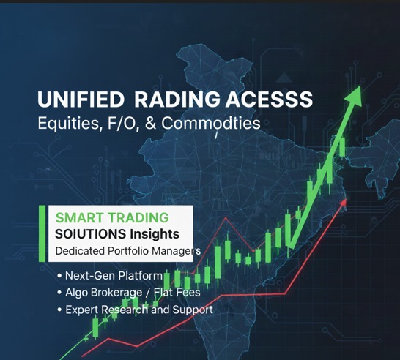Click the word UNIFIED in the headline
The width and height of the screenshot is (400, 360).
[x=75, y=99]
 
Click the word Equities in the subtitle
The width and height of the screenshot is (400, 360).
[x=66, y=124]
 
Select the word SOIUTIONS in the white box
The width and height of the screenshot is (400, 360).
[x=92, y=234]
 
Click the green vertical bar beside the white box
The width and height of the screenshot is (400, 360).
[x=42, y=233]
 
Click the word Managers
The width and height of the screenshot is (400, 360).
[x=173, y=251]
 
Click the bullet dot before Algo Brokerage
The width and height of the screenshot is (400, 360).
[x=59, y=293]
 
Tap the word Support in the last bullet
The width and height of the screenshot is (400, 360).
[x=192, y=310]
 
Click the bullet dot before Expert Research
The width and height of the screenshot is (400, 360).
[x=59, y=310]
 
